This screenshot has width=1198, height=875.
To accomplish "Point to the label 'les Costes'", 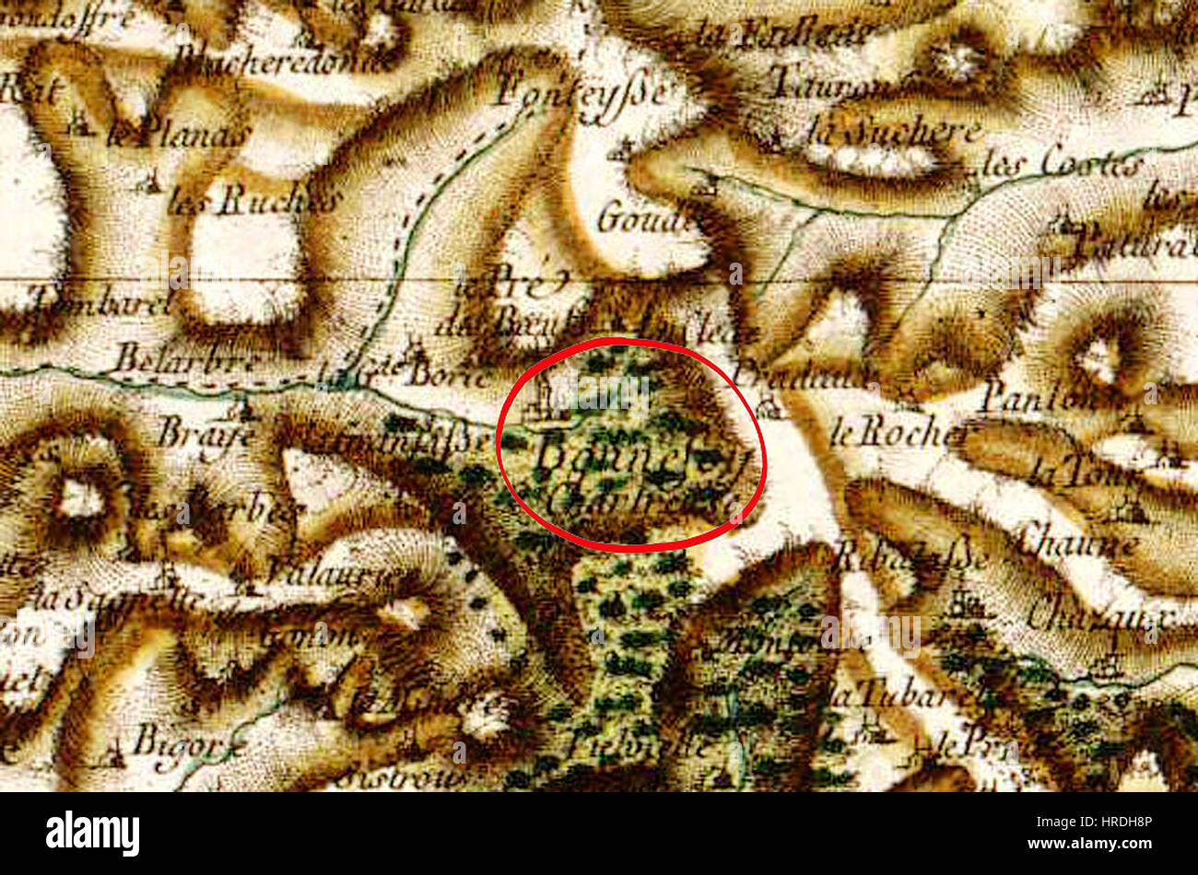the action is [1060, 166].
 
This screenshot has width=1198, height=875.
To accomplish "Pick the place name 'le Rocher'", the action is [899, 433].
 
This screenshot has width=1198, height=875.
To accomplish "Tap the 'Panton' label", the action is [1037, 398].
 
